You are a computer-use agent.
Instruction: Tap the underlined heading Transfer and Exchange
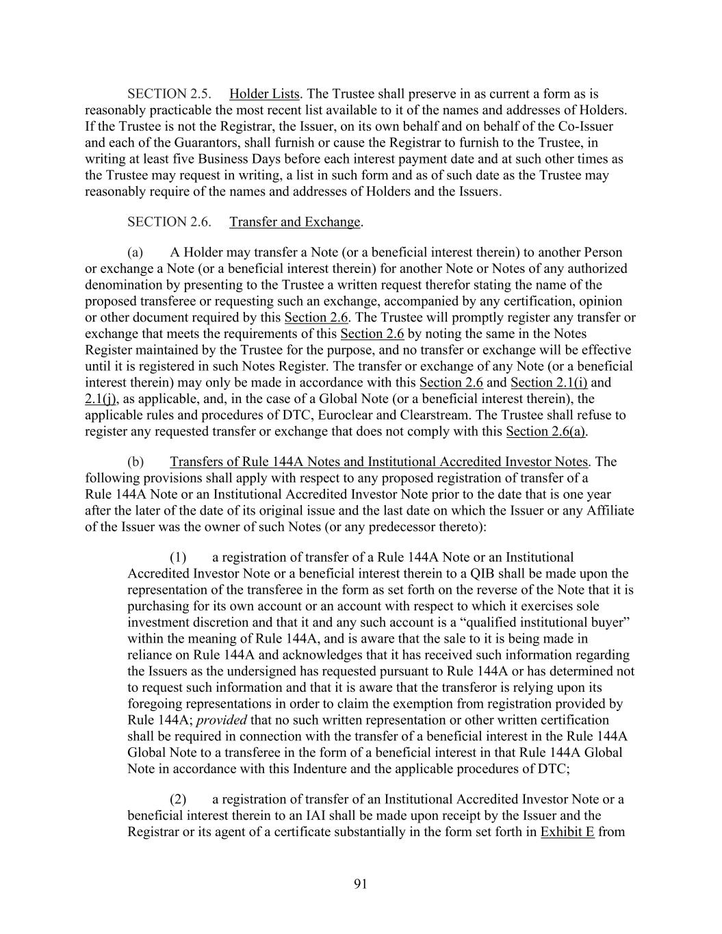pyautogui.click(x=294, y=222)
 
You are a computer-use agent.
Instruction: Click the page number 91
pyautogui.click(x=361, y=884)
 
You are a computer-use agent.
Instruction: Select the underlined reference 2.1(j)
pyautogui.click(x=100, y=399)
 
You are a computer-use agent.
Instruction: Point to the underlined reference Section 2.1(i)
pyautogui.click(x=549, y=382)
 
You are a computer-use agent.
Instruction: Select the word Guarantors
pyautogui.click(x=169, y=142)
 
